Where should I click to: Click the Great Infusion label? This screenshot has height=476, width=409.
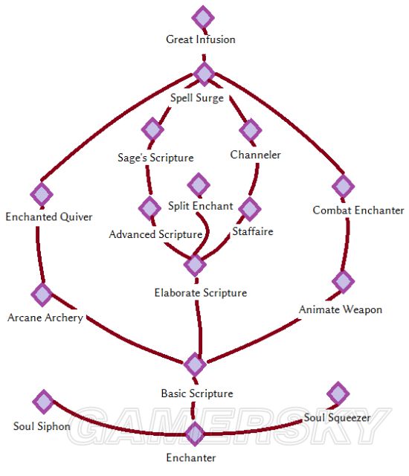pyautogui.click(x=201, y=39)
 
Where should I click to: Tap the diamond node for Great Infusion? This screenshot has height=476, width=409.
pyautogui.click(x=203, y=18)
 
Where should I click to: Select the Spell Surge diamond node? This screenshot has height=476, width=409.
pyautogui.click(x=204, y=74)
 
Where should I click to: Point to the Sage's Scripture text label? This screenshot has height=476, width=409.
pyautogui.click(x=155, y=158)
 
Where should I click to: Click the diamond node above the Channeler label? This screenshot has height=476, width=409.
pyautogui.click(x=251, y=130)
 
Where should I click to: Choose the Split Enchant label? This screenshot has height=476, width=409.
pyautogui.click(x=201, y=206)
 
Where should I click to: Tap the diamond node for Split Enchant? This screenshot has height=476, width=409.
pyautogui.click(x=199, y=185)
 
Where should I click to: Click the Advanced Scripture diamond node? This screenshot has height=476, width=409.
pyautogui.click(x=149, y=208)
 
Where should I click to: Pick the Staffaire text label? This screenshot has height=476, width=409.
pyautogui.click(x=253, y=231)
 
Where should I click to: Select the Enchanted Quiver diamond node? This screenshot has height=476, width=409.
pyautogui.click(x=42, y=194)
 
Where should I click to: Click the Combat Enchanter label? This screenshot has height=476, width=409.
pyautogui.click(x=358, y=210)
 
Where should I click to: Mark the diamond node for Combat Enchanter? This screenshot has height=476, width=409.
pyautogui.click(x=343, y=186)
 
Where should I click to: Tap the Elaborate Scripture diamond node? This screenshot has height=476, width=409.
pyautogui.click(x=195, y=265)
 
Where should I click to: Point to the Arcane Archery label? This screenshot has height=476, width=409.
pyautogui.click(x=45, y=318)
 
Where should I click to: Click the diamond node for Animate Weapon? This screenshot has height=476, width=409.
pyautogui.click(x=343, y=281)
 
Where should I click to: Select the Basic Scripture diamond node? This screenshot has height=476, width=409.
pyautogui.click(x=195, y=364)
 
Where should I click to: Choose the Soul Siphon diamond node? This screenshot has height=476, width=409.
pyautogui.click(x=43, y=402)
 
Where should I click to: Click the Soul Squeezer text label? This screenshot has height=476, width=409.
pyautogui.click(x=337, y=418)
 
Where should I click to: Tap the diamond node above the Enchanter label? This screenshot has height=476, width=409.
pyautogui.click(x=195, y=434)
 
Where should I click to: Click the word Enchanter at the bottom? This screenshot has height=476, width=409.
pyautogui.click(x=191, y=457)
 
